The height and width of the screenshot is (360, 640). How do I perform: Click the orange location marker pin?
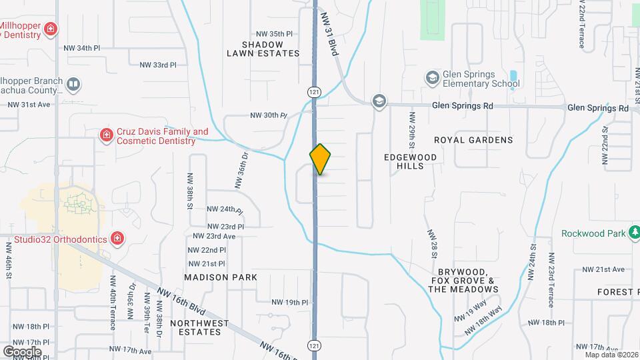pos(320,159)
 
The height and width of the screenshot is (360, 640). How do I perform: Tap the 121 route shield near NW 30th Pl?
pos(313,91)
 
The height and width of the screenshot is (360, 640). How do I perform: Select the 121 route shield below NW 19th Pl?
pos(313,345)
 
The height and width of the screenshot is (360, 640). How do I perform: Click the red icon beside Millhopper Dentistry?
pos(51,29)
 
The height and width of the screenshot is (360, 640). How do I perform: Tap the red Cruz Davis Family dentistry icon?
pos(105,136)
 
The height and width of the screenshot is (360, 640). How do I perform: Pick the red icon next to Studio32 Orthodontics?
pos(117,238)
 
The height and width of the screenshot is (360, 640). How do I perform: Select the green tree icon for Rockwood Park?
pos(634,233)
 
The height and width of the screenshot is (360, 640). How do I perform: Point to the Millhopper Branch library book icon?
pos(73,85)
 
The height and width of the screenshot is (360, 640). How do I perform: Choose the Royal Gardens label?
pos(473,140)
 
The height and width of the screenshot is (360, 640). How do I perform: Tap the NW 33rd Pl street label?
pos(158,65)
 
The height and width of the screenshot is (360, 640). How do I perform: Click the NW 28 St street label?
pos(433,245)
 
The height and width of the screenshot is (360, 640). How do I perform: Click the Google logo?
pos(22,351)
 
